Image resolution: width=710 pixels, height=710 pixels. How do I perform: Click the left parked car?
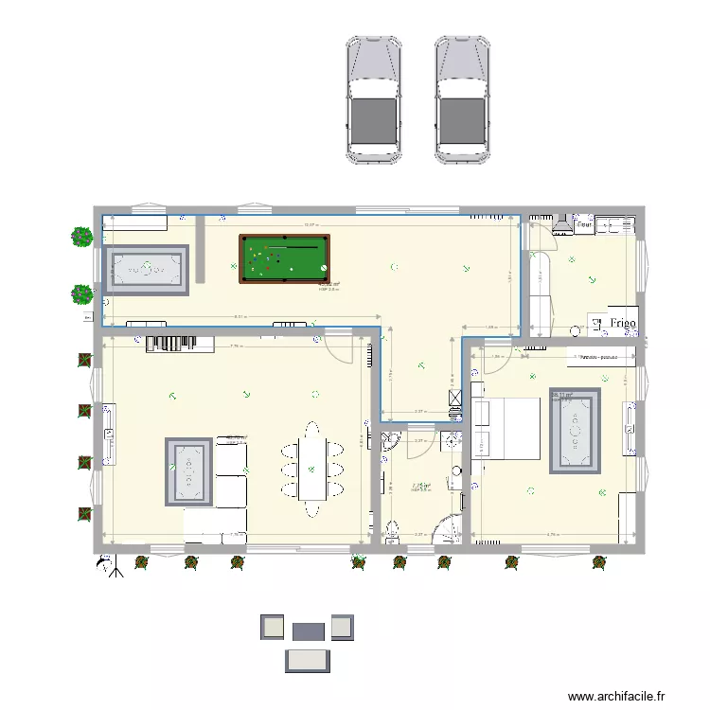373,99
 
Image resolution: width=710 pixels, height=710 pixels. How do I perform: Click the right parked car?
461,99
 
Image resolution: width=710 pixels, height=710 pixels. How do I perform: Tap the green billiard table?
281,258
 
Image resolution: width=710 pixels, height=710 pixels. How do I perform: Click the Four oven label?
584,225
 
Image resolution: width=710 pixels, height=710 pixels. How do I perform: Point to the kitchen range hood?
560,223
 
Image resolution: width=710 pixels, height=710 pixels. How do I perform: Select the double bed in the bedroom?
506,427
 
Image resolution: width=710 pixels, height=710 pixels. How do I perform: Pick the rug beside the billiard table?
147,269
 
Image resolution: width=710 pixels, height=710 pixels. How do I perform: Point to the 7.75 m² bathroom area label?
420,487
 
